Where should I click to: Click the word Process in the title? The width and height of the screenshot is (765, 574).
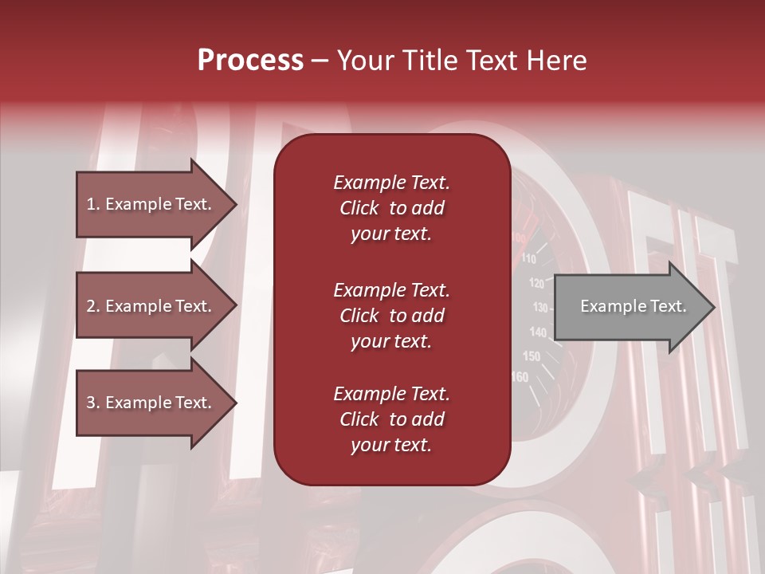pyautogui.click(x=250, y=61)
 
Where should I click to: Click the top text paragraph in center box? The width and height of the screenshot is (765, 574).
pyautogui.click(x=391, y=208)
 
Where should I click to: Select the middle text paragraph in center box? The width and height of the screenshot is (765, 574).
pyautogui.click(x=391, y=316)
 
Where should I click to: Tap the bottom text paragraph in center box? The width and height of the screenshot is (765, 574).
pyautogui.click(x=391, y=419)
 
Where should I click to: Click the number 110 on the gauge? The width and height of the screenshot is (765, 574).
pyautogui.click(x=528, y=259)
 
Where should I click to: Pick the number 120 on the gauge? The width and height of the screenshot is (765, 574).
pyautogui.click(x=536, y=283)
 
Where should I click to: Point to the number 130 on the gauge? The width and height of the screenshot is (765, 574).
pyautogui.click(x=540, y=308)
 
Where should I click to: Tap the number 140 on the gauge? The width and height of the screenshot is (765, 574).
pyautogui.click(x=538, y=332)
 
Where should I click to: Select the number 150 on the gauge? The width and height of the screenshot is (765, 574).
pyautogui.click(x=531, y=356)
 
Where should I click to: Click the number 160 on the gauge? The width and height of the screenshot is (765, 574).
pyautogui.click(x=520, y=377)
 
